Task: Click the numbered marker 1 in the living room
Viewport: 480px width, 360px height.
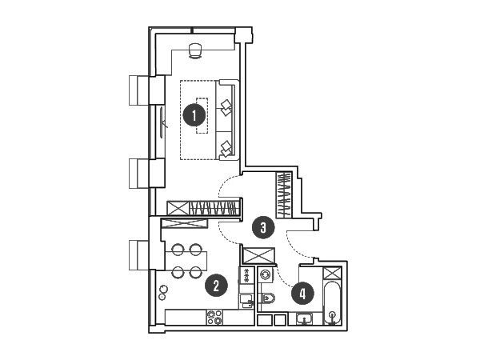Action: point(194,116)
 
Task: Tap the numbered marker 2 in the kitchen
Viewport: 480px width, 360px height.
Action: point(217,286)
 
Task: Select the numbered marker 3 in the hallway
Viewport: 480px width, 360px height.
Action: point(263,227)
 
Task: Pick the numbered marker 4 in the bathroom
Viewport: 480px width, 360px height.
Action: point(302,294)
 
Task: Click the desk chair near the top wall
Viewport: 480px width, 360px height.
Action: point(195,50)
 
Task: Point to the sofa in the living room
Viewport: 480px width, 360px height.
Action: point(227,120)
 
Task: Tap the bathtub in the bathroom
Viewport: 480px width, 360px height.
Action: point(332,302)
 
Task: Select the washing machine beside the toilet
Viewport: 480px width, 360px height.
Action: point(265,274)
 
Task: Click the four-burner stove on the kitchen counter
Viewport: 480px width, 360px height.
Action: point(214,318)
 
